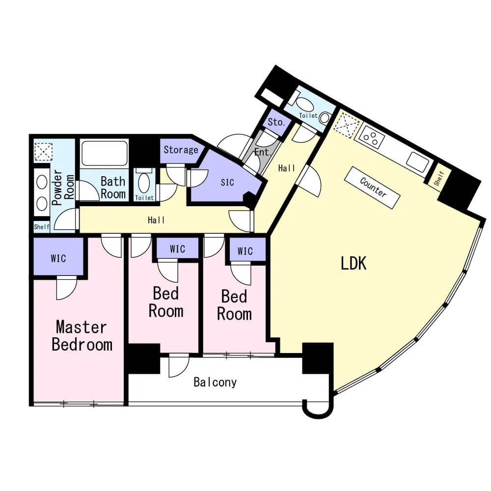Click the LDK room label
353,263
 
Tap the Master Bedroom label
82,336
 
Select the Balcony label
215,382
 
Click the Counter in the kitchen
372,187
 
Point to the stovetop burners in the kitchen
371,138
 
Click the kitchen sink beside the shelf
418,163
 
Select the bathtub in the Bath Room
104,153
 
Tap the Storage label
181,150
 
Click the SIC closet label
227,183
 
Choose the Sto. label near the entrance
276,122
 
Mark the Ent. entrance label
262,153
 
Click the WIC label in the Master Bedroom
58,258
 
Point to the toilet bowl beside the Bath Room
144,183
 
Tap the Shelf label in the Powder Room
42,227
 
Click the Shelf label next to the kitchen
439,178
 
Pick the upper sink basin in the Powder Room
42,182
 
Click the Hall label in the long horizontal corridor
156,220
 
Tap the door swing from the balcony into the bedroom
179,366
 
